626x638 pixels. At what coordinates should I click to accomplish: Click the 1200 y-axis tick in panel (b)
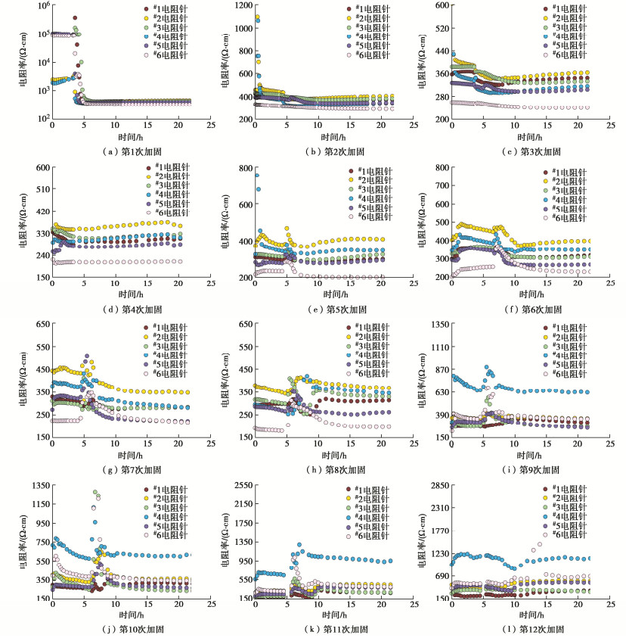click(240, 6)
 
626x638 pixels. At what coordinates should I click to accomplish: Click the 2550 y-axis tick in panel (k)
click(240, 485)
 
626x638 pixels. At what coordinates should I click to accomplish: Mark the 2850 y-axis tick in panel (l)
click(441, 485)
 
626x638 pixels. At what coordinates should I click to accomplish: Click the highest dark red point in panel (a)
click(74, 18)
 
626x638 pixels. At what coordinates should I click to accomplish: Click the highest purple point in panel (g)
click(87, 356)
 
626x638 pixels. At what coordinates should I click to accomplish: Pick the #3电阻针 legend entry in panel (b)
click(368, 26)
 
